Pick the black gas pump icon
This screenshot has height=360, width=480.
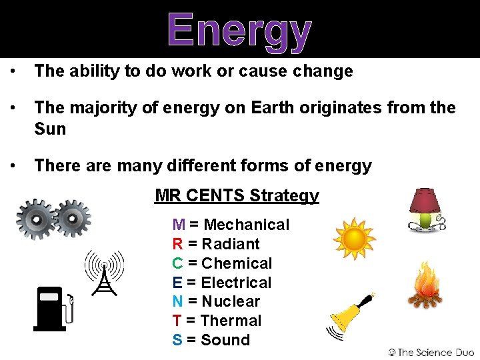point(53,308)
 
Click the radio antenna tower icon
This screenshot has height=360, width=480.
point(104,273)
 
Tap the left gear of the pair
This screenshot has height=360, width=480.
point(37,218)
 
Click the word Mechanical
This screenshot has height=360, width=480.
point(247,225)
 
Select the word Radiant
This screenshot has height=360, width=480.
point(231,244)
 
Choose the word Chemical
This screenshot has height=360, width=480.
point(237,263)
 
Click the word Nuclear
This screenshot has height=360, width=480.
point(231,301)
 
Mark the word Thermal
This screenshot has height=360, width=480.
point(231,321)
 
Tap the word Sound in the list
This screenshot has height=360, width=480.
point(225,340)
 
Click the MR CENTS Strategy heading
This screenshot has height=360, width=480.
point(237,195)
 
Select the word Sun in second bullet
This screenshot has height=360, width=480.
point(50,129)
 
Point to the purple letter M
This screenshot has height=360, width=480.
point(179,225)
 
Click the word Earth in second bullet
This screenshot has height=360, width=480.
point(272,107)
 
